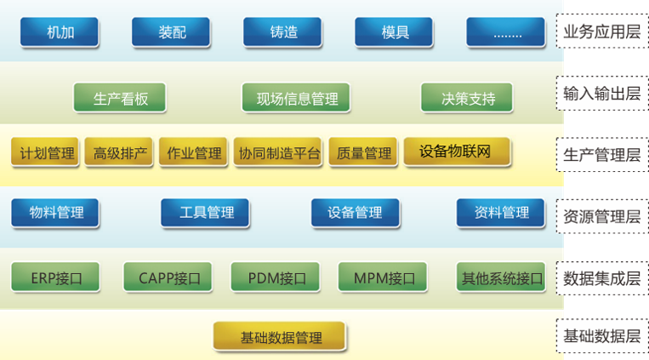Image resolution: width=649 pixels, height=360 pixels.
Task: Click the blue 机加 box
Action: tap(60, 33)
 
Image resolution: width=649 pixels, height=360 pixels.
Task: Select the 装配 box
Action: tap(171, 33)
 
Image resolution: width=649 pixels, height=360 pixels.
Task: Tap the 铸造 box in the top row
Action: tap(282, 33)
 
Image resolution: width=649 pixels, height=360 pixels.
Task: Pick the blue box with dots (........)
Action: tap(505, 33)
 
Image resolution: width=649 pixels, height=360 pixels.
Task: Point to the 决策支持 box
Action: tap(467, 98)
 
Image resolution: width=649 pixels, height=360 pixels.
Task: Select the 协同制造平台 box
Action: tap(279, 153)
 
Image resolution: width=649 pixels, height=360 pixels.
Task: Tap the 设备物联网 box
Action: tap(457, 151)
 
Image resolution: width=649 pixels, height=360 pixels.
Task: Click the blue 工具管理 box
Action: tap(204, 213)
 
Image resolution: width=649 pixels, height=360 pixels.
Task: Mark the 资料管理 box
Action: tap(501, 213)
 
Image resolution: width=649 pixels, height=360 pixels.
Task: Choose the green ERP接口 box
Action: tap(55, 277)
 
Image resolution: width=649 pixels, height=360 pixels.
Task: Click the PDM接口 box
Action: tap(275, 277)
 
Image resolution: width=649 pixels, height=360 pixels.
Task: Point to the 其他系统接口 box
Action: tap(501, 277)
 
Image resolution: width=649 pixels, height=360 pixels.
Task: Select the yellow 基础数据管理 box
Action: tap(280, 337)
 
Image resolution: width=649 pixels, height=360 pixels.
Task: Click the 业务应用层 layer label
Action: tap(602, 33)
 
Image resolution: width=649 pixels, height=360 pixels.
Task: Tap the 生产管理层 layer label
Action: tap(602, 154)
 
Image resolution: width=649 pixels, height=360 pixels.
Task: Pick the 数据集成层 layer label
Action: tap(602, 277)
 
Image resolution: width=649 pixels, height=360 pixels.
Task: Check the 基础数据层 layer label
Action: tap(602, 335)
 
